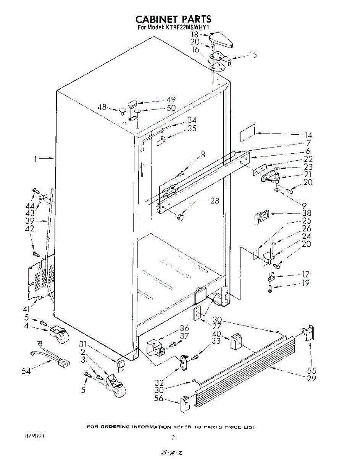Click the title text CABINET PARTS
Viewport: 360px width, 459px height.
173,19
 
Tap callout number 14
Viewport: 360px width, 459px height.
308,135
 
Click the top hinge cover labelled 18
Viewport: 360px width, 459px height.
222,39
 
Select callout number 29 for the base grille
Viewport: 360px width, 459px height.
312,379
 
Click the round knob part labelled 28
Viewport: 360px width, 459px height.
180,218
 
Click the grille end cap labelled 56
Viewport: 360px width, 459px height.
184,404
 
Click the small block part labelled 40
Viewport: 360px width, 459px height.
236,341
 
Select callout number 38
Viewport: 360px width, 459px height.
307,213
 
